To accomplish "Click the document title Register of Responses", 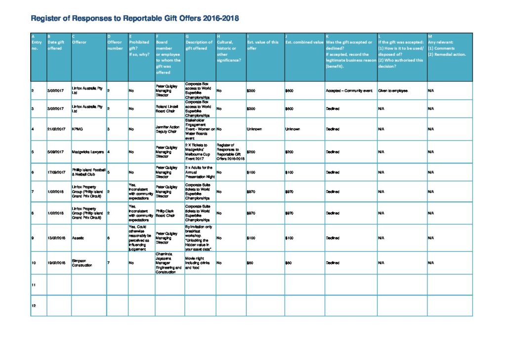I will click(x=135, y=19).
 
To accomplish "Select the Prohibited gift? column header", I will click(x=139, y=45).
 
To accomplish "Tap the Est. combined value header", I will click(x=304, y=43).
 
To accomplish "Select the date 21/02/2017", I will click(x=56, y=129).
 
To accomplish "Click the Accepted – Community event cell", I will click(x=349, y=91).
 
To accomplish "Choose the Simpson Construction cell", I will click(x=82, y=263).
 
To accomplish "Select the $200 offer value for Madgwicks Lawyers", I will click(x=252, y=152).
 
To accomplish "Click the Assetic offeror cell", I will click(x=79, y=238).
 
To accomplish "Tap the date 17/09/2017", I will click(x=56, y=173).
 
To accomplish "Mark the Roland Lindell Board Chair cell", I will click(x=169, y=108).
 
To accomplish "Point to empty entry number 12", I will click(x=34, y=306).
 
